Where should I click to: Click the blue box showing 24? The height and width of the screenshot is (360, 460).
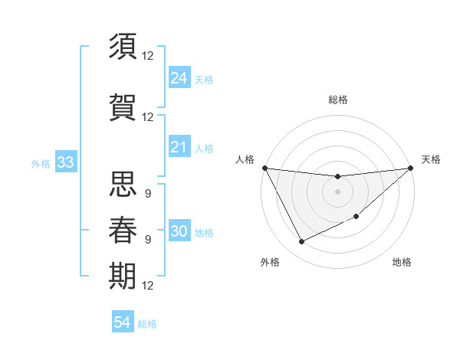(179, 77)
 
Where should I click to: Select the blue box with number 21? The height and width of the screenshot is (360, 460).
(179, 147)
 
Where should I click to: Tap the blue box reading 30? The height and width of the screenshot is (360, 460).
(179, 231)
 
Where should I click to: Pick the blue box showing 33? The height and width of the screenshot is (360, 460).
(65, 162)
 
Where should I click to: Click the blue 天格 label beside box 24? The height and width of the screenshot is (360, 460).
(204, 79)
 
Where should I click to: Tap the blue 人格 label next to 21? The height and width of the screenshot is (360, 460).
(204, 149)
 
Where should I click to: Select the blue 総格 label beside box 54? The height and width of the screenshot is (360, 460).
(147, 324)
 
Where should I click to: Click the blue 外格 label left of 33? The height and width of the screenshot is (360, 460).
(41, 164)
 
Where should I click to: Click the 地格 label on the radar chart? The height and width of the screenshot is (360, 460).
(402, 262)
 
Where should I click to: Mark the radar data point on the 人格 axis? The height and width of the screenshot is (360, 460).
(264, 168)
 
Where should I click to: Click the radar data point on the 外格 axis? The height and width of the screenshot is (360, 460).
(301, 242)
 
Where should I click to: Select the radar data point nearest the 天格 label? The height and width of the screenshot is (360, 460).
(410, 168)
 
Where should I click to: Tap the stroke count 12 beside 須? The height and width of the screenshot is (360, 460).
(148, 55)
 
